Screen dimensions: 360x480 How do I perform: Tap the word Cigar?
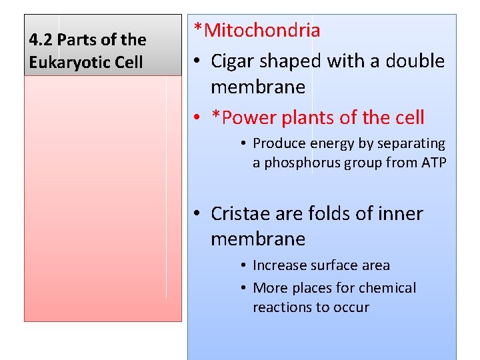[233, 61]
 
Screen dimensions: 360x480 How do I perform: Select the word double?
[414, 61]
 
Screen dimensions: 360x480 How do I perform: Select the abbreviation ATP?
[432, 163]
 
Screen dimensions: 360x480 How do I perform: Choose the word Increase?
[280, 265]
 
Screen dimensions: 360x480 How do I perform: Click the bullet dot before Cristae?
[199, 214]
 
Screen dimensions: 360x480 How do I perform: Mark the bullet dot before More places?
[245, 289]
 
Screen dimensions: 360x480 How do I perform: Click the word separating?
[413, 143]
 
